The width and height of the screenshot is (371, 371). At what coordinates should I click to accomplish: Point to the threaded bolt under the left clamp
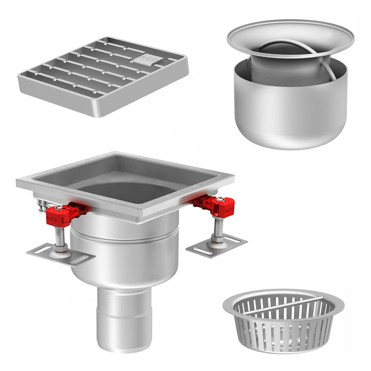pos(60,237)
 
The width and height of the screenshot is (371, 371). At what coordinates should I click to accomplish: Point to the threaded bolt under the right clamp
pos(218,228)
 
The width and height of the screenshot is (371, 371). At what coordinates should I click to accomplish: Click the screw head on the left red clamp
pos(59,208)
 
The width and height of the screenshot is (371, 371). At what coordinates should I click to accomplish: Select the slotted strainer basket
pos(284,321)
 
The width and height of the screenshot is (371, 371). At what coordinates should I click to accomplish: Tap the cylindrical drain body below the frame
pos(124,256)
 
